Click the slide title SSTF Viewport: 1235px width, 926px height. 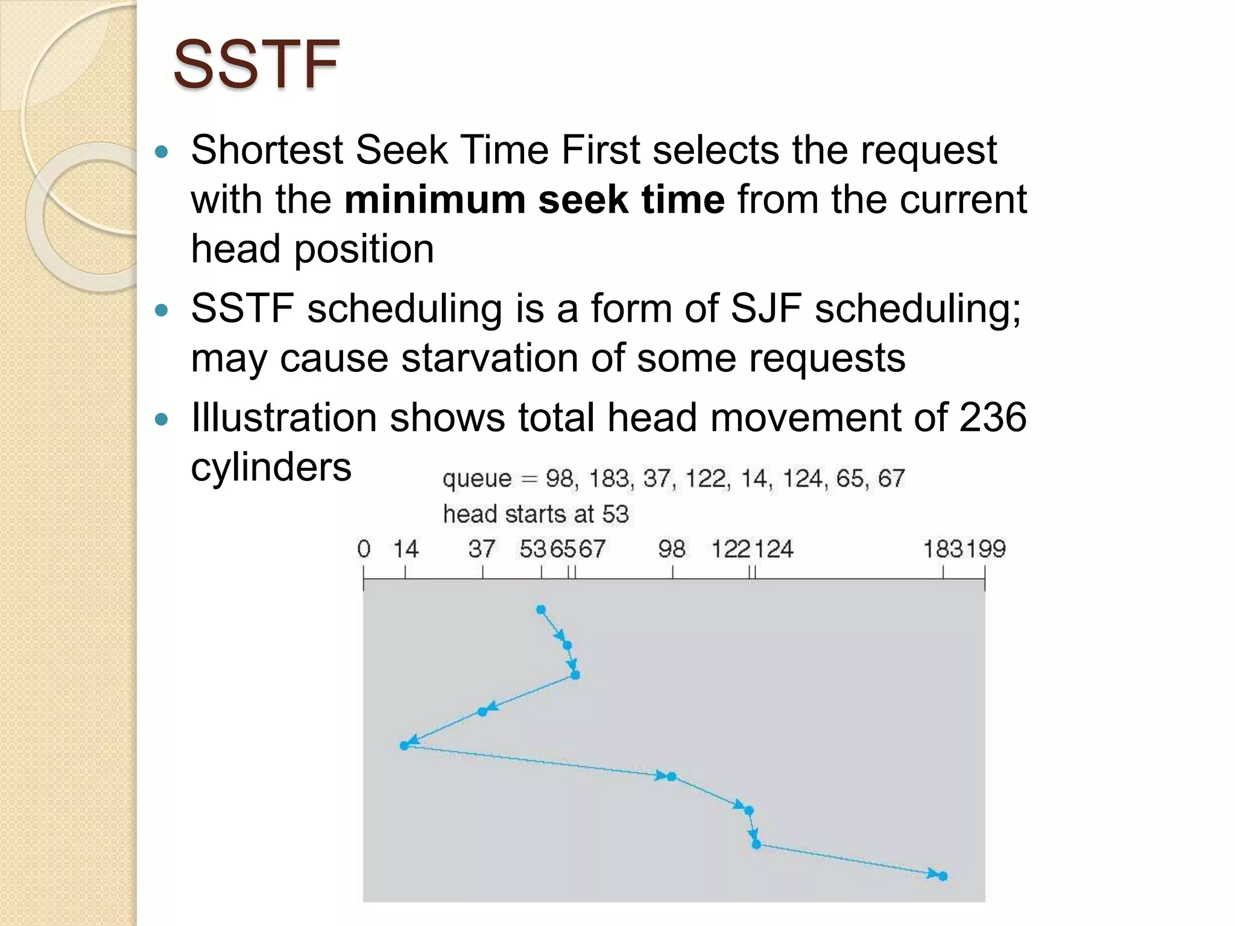pos(256,64)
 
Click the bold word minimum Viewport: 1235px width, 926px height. pos(435,200)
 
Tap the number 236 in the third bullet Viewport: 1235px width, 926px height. pos(992,417)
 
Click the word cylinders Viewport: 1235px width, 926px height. pos(271,467)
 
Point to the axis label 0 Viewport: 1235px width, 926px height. pos(364,549)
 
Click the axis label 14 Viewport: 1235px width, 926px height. pos(405,549)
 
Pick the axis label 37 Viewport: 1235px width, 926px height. pos(481,549)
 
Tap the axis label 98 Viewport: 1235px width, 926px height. pos(671,549)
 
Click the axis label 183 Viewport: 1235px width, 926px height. pos(944,549)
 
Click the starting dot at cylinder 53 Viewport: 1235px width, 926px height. pos(541,610)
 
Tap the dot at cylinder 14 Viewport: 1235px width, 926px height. pos(405,746)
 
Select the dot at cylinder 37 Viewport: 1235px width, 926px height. pos(482,712)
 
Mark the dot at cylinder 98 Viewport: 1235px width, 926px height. pos(672,776)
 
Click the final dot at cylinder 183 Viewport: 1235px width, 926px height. pos(943,877)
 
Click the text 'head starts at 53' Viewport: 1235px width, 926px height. pos(535,514)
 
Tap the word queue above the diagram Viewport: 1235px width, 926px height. pos(476,479)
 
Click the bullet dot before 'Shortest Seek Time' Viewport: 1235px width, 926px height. pos(160,151)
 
